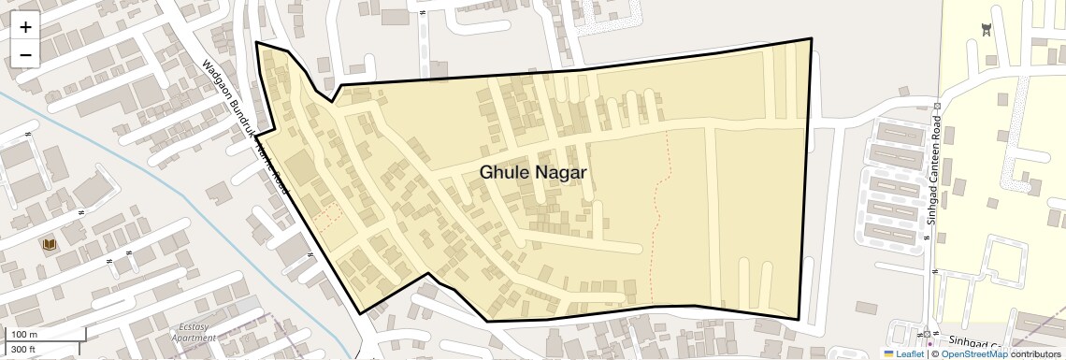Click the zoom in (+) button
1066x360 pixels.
pyautogui.click(x=25, y=27)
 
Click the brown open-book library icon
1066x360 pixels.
pyautogui.click(x=49, y=244)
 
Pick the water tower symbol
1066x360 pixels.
pyautogui.click(x=985, y=30)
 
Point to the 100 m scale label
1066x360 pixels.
pyautogui.click(x=25, y=335)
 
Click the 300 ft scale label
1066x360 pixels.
pyautogui.click(x=23, y=349)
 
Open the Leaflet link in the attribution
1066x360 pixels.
pyautogui.click(x=909, y=353)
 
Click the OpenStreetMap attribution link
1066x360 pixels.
pyautogui.click(x=973, y=353)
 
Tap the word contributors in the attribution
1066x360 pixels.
pyautogui.click(x=1035, y=353)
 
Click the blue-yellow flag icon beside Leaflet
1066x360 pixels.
pyautogui.click(x=889, y=353)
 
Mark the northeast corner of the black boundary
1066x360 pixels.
pyautogui.click(x=811, y=39)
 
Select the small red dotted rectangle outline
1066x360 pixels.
pyautogui.click(x=326, y=220)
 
